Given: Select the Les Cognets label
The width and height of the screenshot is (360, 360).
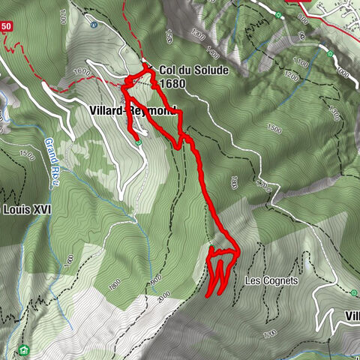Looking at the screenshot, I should pyautogui.click(x=271, y=281).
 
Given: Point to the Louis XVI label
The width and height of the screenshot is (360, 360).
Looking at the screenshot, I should pyautogui.click(x=27, y=209).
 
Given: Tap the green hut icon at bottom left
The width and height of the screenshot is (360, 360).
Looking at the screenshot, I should pyautogui.click(x=24, y=349).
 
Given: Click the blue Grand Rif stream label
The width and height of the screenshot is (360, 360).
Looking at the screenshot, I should pyautogui.click(x=50, y=154).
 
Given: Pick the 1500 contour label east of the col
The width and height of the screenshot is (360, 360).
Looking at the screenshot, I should pyautogui.click(x=273, y=129).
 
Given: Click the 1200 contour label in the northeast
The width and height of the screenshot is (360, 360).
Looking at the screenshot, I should pyautogui.click(x=292, y=76).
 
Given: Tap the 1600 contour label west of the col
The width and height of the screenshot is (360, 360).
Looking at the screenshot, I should pyautogui.click(x=82, y=72).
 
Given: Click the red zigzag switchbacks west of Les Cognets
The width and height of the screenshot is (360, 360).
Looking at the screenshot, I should pyautogui.click(x=218, y=273).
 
